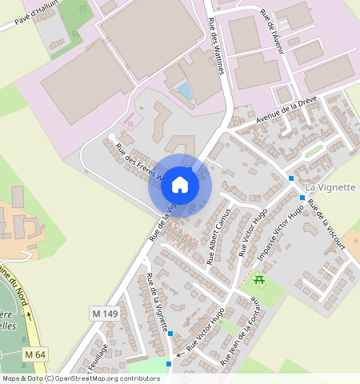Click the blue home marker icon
180,185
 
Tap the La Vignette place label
330,187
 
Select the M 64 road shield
34,354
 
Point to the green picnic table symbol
258,279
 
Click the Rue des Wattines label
214,46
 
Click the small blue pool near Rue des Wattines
186,90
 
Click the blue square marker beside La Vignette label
291,178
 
